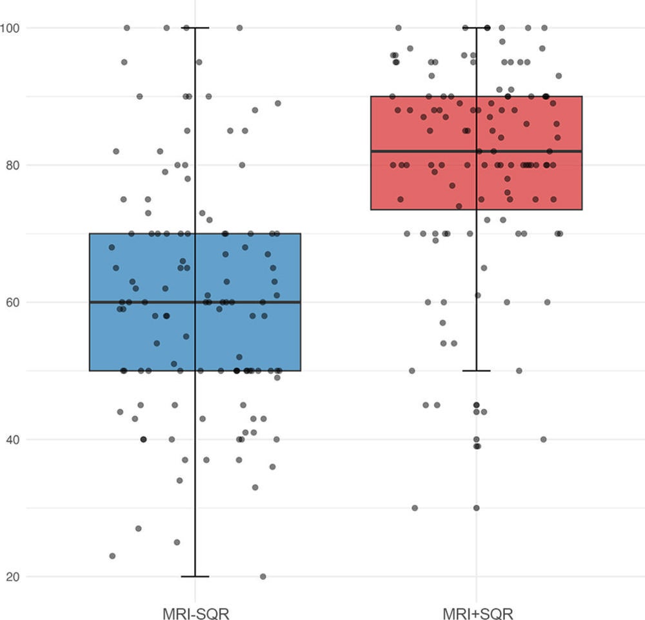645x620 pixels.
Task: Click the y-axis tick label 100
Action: (x=10, y=28)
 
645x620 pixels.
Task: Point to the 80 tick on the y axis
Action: (x=13, y=165)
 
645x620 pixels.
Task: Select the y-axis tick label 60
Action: (x=13, y=302)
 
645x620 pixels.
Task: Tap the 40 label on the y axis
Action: (x=13, y=439)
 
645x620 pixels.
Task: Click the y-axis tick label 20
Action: (x=13, y=577)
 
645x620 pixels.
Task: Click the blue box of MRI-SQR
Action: (x=142, y=335)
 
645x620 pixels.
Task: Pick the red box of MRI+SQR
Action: (x=419, y=187)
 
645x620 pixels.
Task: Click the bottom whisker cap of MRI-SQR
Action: (x=195, y=576)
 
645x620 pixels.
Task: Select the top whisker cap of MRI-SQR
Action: (x=195, y=28)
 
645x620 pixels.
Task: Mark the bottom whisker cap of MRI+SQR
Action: (x=477, y=370)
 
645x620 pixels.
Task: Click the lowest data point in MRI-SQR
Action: (x=263, y=576)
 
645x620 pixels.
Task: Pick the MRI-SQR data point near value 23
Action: (x=112, y=555)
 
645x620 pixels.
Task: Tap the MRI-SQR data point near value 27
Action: (x=138, y=528)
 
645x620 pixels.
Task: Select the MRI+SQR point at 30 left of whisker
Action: (x=415, y=508)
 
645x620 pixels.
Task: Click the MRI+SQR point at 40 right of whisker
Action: (x=543, y=439)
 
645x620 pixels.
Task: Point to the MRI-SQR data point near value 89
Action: (x=278, y=103)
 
